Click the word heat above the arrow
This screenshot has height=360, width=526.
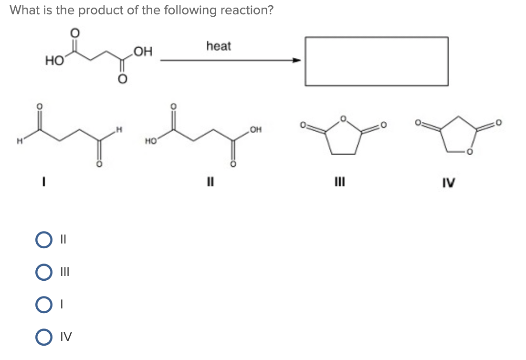tap(219, 46)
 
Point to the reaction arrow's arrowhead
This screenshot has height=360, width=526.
tap(297, 61)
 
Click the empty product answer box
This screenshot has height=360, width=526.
tap(377, 61)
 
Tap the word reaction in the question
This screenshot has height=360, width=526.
tap(243, 10)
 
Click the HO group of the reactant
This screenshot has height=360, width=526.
tap(53, 61)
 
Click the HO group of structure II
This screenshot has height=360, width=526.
tap(151, 141)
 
